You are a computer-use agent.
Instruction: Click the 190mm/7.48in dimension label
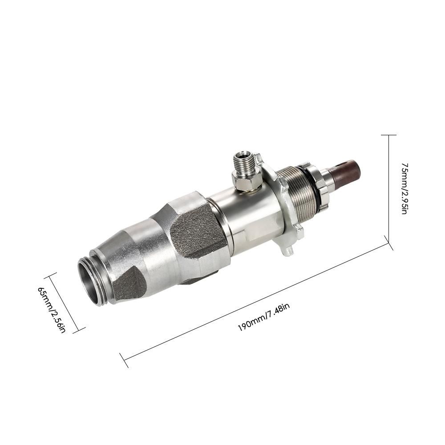(x=263, y=317)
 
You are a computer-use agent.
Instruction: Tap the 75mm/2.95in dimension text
(x=405, y=188)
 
